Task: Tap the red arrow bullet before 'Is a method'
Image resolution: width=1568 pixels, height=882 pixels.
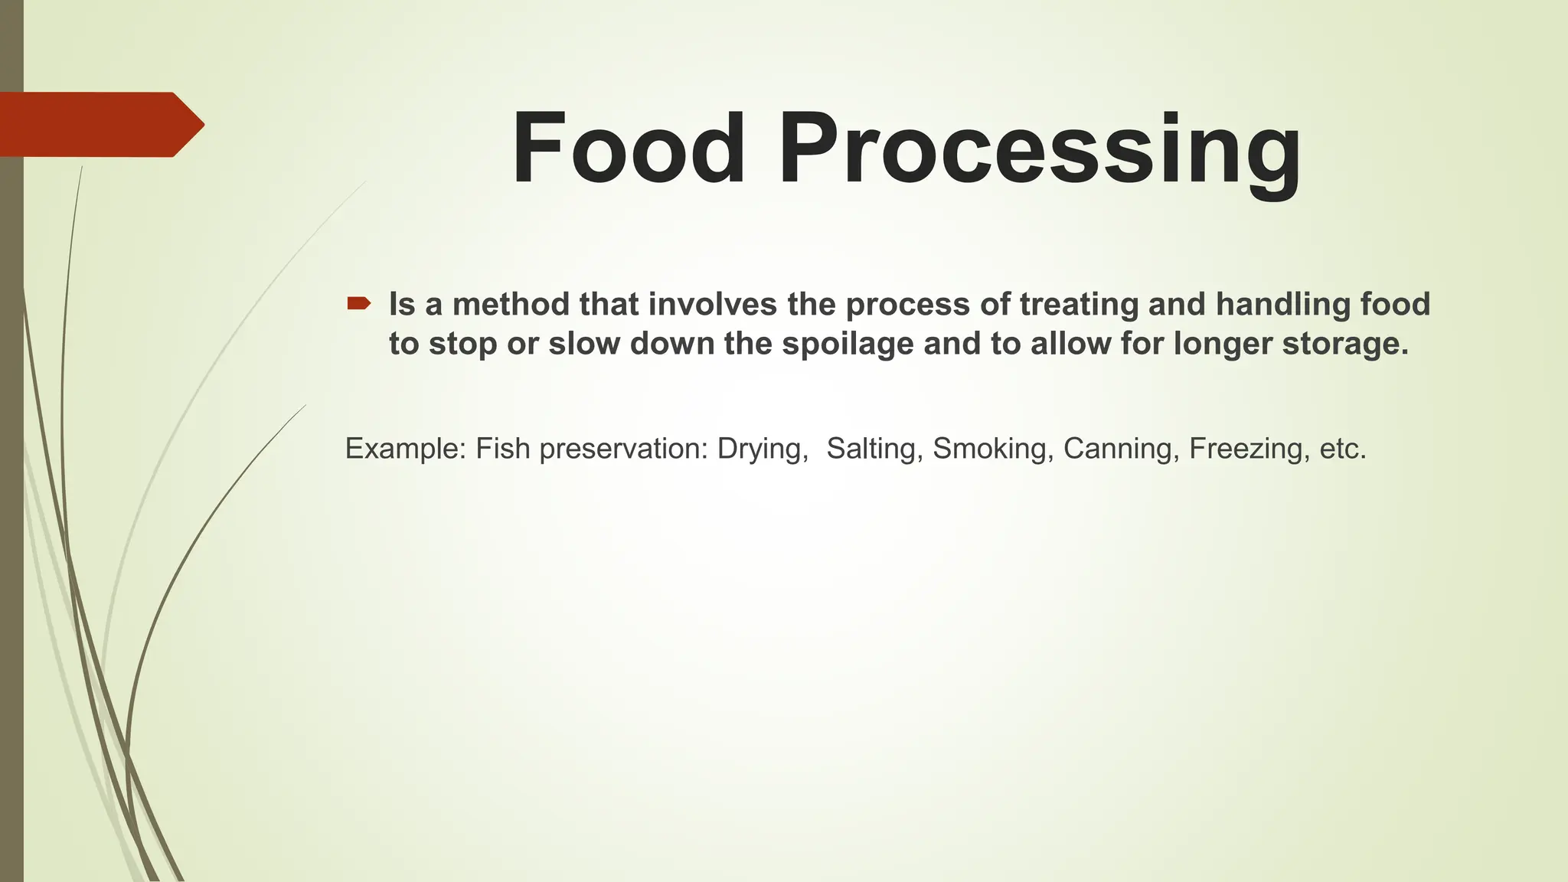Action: point(358,304)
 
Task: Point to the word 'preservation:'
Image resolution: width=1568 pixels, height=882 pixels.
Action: point(623,449)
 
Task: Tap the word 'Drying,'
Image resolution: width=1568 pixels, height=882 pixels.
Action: point(763,449)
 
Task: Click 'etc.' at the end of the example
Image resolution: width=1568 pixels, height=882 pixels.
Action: point(1343,449)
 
